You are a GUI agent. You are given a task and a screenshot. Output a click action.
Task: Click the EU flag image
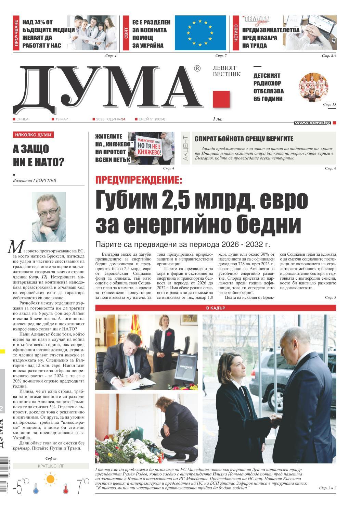click(x=200, y=33)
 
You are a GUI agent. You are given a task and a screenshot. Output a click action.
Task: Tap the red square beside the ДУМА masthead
click(x=221, y=99)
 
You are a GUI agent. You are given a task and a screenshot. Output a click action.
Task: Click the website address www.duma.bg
click(x=312, y=123)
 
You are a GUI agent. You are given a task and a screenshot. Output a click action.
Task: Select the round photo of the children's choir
click(x=312, y=87)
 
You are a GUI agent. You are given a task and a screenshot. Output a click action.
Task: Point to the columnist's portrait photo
click(x=49, y=212)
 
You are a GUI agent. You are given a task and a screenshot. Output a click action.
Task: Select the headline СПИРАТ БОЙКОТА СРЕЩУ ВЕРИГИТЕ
click(x=244, y=139)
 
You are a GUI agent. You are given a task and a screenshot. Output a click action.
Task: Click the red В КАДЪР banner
click(x=216, y=308)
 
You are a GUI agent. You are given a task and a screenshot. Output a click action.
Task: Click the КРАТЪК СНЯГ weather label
click(x=50, y=466)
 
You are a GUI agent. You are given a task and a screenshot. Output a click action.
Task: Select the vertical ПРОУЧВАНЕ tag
click(x=16, y=33)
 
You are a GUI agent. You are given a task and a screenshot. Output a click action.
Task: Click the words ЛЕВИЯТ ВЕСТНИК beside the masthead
click(x=227, y=71)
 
